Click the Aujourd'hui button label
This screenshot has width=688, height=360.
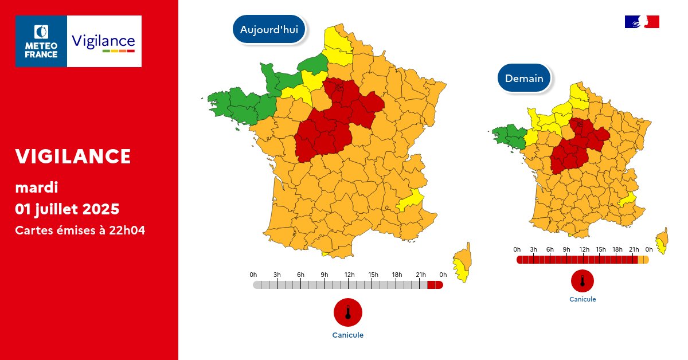pyautogui.click(x=269, y=30)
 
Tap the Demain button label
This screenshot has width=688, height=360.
pyautogui.click(x=524, y=79)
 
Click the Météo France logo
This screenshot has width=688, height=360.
pyautogui.click(x=41, y=41)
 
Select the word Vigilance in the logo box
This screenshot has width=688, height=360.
pyautogui.click(x=104, y=41)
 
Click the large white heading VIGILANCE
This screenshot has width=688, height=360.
pyautogui.click(x=73, y=156)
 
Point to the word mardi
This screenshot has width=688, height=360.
pyautogui.click(x=37, y=187)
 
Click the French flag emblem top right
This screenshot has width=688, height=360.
pyautogui.click(x=642, y=22)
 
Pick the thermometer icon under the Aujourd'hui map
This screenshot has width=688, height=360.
pyautogui.click(x=348, y=312)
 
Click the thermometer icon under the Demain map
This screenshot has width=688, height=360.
pyautogui.click(x=583, y=281)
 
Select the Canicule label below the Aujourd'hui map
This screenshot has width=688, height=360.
pyautogui.click(x=348, y=335)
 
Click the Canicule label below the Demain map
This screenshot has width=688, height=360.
pyautogui.click(x=583, y=299)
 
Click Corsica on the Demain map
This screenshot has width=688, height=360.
pyautogui.click(x=663, y=241)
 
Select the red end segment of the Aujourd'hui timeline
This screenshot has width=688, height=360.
pyautogui.click(x=435, y=285)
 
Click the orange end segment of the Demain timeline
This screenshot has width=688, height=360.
pyautogui.click(x=643, y=260)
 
